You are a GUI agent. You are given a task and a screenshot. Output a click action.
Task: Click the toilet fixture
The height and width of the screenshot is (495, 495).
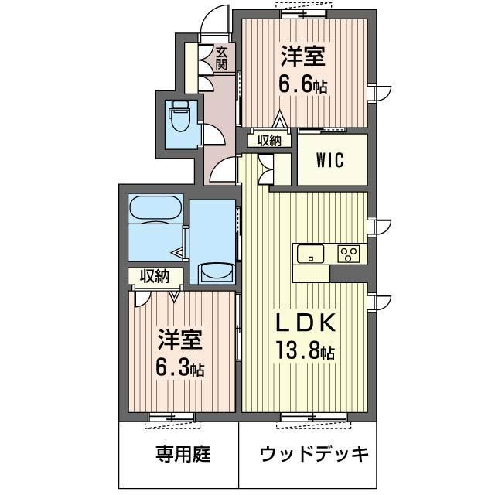click(x=180, y=116)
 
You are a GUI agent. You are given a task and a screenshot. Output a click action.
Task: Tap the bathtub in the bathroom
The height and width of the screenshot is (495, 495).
click(x=155, y=208)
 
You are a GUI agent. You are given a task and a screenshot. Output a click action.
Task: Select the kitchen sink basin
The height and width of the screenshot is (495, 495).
click(x=311, y=253)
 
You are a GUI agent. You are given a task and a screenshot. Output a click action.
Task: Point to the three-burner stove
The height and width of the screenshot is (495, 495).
click(x=349, y=254)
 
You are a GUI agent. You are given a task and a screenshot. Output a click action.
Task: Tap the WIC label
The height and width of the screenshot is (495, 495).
click(x=330, y=160)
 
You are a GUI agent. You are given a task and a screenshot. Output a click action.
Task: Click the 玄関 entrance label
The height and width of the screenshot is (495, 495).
click(x=222, y=58)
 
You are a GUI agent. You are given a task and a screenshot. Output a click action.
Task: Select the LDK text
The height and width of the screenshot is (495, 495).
click(x=306, y=323)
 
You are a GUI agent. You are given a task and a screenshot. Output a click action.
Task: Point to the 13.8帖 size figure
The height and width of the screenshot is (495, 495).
click(x=306, y=350)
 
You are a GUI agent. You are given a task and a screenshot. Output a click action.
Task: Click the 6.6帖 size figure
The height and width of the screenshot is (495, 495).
click(x=302, y=84)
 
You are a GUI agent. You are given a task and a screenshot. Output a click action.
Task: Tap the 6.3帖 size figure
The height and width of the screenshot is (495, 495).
click(x=180, y=368)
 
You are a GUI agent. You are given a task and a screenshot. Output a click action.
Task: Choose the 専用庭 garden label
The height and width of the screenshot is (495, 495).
click(x=183, y=454)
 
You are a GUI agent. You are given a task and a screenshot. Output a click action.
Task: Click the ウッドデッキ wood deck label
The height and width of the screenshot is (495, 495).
click(x=315, y=454)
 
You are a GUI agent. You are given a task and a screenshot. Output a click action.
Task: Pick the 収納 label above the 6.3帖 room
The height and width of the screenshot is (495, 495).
click(x=155, y=277)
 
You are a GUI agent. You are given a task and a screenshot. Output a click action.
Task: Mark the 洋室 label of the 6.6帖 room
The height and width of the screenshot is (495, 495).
click(x=303, y=56)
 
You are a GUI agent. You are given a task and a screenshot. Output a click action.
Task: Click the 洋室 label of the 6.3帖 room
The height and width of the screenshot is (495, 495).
click(x=180, y=339)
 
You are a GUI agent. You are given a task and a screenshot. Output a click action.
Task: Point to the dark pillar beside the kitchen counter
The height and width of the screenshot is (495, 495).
click(x=349, y=273)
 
